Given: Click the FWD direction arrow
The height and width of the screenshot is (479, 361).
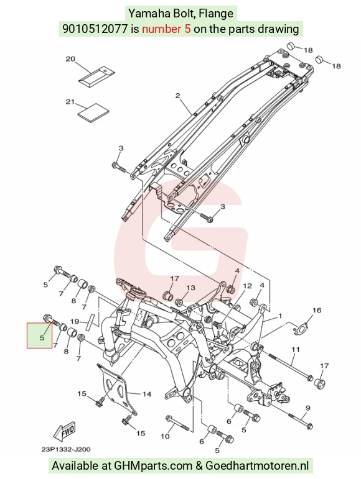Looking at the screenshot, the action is coord(64,431).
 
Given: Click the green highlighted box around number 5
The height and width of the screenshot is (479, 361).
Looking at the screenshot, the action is coord(39,335).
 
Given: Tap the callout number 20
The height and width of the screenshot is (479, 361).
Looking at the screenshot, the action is coord(70,58).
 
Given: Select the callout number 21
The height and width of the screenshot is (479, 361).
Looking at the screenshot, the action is coord(70,101).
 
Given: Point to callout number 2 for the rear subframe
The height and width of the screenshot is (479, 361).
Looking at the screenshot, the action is coord(178,96).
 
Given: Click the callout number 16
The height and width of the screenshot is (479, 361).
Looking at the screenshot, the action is coord(317,311).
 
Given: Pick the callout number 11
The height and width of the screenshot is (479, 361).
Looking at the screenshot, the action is coord(295,349).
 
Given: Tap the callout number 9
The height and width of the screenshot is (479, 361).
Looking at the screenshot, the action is coord(307,408).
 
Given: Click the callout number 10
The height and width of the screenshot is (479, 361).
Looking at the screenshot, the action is coord(165,436).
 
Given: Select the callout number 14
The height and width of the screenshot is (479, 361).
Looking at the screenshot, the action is coord(147,394).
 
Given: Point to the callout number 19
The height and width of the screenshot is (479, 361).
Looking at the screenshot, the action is coord(75,321).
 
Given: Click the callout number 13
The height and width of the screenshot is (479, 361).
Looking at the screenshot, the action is coord(190,288).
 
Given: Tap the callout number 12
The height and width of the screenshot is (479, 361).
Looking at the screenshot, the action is coord(247,286).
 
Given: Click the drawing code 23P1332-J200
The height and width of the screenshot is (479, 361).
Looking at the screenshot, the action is coord(66,449).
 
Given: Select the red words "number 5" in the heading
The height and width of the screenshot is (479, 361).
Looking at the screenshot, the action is coord(166,29).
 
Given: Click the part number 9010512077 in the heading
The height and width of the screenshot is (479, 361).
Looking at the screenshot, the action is coord(95,29).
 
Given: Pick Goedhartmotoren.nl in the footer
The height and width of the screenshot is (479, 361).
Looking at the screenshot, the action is coord(257,466).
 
